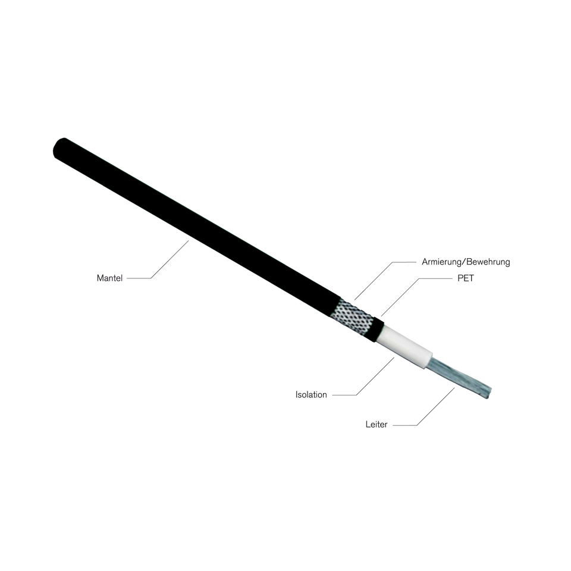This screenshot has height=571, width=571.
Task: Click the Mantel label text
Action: coord(109,278)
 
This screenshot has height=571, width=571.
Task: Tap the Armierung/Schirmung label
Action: coord(466,262)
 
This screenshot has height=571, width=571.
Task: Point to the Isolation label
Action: coord(312,394)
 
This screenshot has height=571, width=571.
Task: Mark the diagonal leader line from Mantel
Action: coord(170,259)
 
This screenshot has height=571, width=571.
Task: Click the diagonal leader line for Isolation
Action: coord(375,375)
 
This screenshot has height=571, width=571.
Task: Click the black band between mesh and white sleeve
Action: coord(377,328)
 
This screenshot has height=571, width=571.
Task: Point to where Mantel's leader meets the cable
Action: coord(189,241)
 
